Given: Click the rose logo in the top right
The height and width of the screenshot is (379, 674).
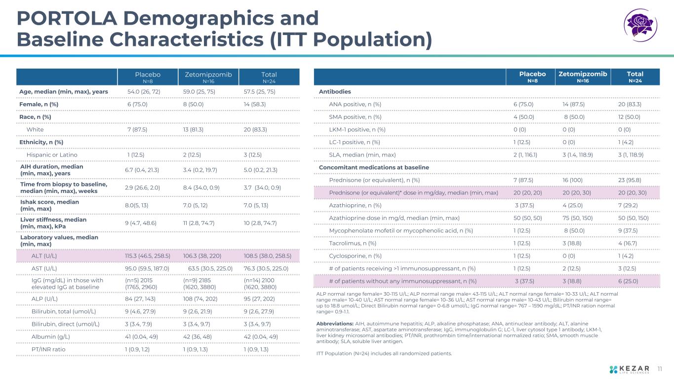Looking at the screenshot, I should coord(641,24).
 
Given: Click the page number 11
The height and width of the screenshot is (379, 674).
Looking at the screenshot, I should coord(661,368).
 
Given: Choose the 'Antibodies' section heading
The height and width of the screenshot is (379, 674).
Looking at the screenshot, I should coord(335,92).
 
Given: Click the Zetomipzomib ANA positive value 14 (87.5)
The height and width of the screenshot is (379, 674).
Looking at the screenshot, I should coord(574,104).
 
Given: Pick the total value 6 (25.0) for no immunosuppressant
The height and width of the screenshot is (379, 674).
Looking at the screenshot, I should coord(628,281).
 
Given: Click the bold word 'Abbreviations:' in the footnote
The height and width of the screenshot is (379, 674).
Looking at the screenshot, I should coord(334,324).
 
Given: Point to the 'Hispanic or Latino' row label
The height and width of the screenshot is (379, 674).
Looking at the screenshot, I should coord(52,155).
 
